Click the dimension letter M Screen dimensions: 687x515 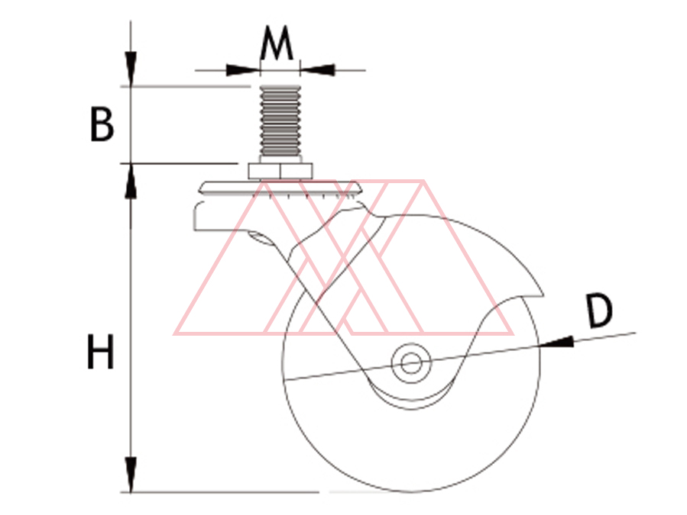click(276, 43)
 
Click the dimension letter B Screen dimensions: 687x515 click(102, 124)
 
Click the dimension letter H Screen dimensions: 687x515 click(101, 352)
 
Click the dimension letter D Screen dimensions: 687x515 click(599, 311)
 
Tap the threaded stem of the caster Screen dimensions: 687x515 click(280, 121)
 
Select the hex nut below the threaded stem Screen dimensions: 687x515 click(280, 171)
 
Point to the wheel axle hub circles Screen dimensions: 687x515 click(411, 362)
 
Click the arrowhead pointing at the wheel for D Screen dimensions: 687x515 click(556, 342)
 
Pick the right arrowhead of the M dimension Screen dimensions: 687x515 click(317, 70)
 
